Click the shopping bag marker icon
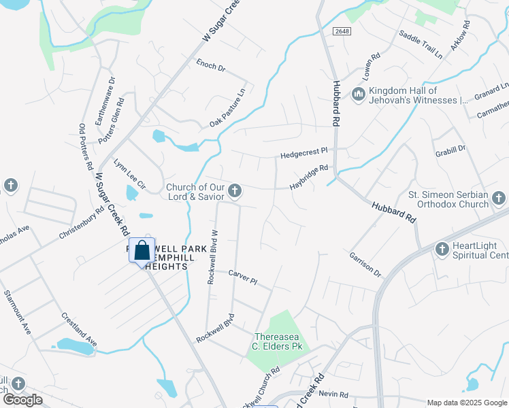(142, 251)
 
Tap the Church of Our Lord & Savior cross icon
(235, 191)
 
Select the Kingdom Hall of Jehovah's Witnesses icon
(359, 95)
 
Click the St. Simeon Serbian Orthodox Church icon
(499, 199)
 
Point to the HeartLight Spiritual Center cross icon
(442, 250)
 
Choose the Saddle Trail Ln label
(421, 44)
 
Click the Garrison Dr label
(365, 262)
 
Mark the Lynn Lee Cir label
(129, 175)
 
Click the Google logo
(22, 400)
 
